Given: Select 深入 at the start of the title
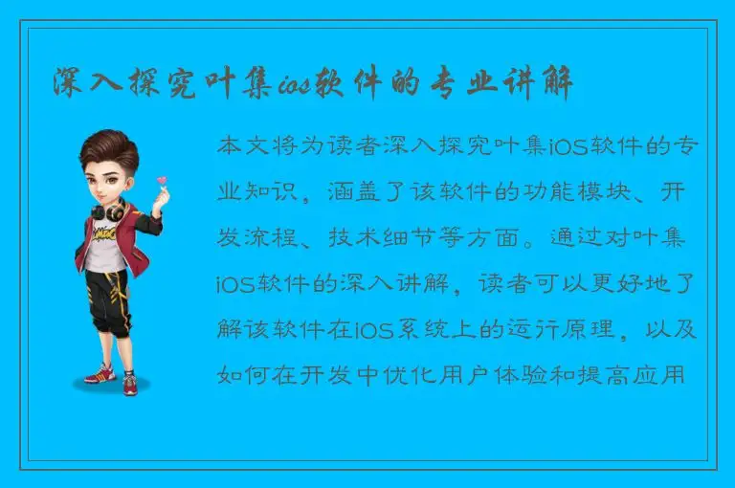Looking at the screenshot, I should pyautogui.click(x=88, y=83).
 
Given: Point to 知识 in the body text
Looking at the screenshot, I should pyautogui.click(x=265, y=190).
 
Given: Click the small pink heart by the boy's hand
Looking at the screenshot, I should pyautogui.click(x=162, y=180).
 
